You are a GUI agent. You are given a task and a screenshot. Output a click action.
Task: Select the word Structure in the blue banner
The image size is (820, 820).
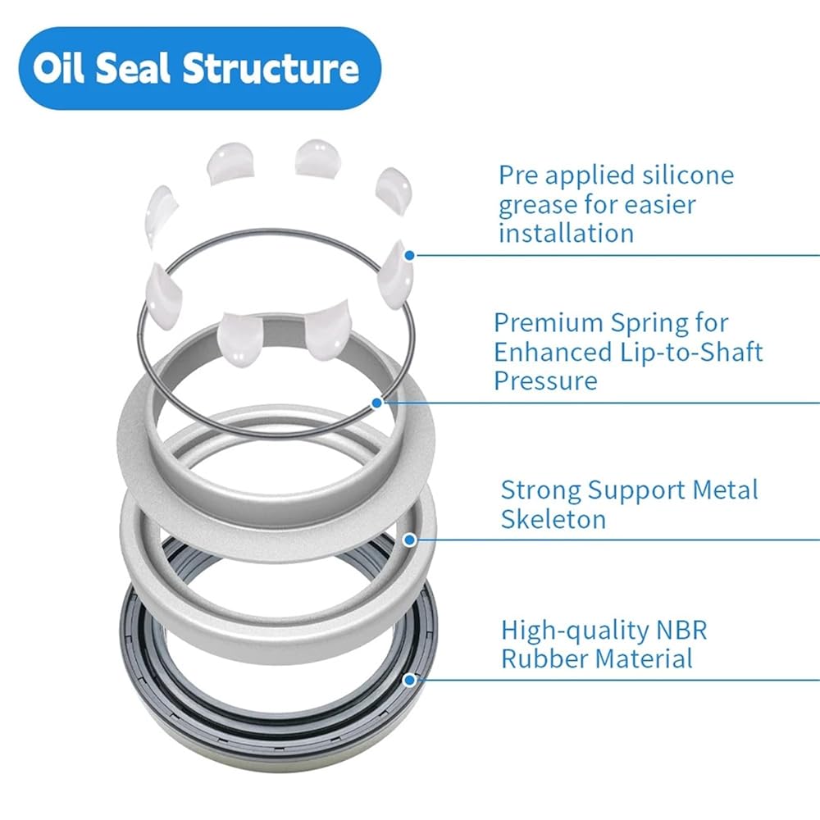coord(271,68)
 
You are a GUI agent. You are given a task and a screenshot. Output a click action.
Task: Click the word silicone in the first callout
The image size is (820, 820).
coord(686,175)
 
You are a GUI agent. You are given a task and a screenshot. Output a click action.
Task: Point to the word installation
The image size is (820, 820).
coord(566,233)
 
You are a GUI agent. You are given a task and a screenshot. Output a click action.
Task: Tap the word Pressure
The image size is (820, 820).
coord(545,380)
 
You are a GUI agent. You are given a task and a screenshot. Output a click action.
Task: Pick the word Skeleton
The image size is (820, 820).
coord(553,518)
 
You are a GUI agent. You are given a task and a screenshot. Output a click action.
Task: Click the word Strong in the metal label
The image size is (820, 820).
coord(541,490)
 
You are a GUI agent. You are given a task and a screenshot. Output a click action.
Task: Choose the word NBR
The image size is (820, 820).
coord(680,630)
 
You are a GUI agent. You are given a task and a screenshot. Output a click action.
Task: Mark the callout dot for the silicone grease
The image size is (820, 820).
coord(410,255)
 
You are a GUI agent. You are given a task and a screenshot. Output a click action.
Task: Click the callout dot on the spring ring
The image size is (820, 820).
coord(376,403)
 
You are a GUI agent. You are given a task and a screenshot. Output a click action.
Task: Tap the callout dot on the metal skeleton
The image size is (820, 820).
coord(410,540)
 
